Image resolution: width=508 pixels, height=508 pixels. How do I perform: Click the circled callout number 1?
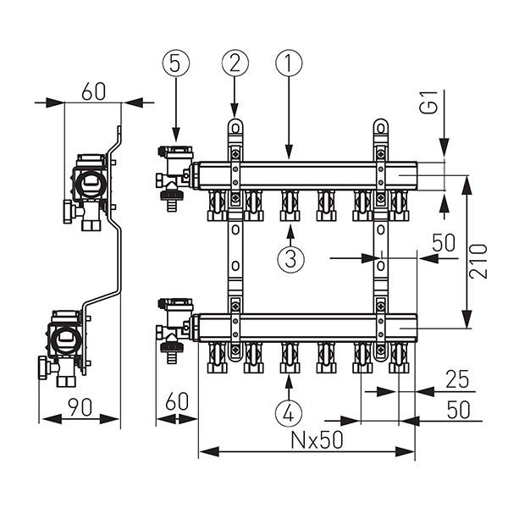[288, 63]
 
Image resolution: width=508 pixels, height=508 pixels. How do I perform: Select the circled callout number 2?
[235, 63]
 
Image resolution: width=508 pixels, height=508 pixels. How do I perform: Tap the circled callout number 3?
[290, 259]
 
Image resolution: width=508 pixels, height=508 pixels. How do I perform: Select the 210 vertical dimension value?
[480, 262]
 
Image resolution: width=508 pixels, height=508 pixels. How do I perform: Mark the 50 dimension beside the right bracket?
[444, 242]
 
